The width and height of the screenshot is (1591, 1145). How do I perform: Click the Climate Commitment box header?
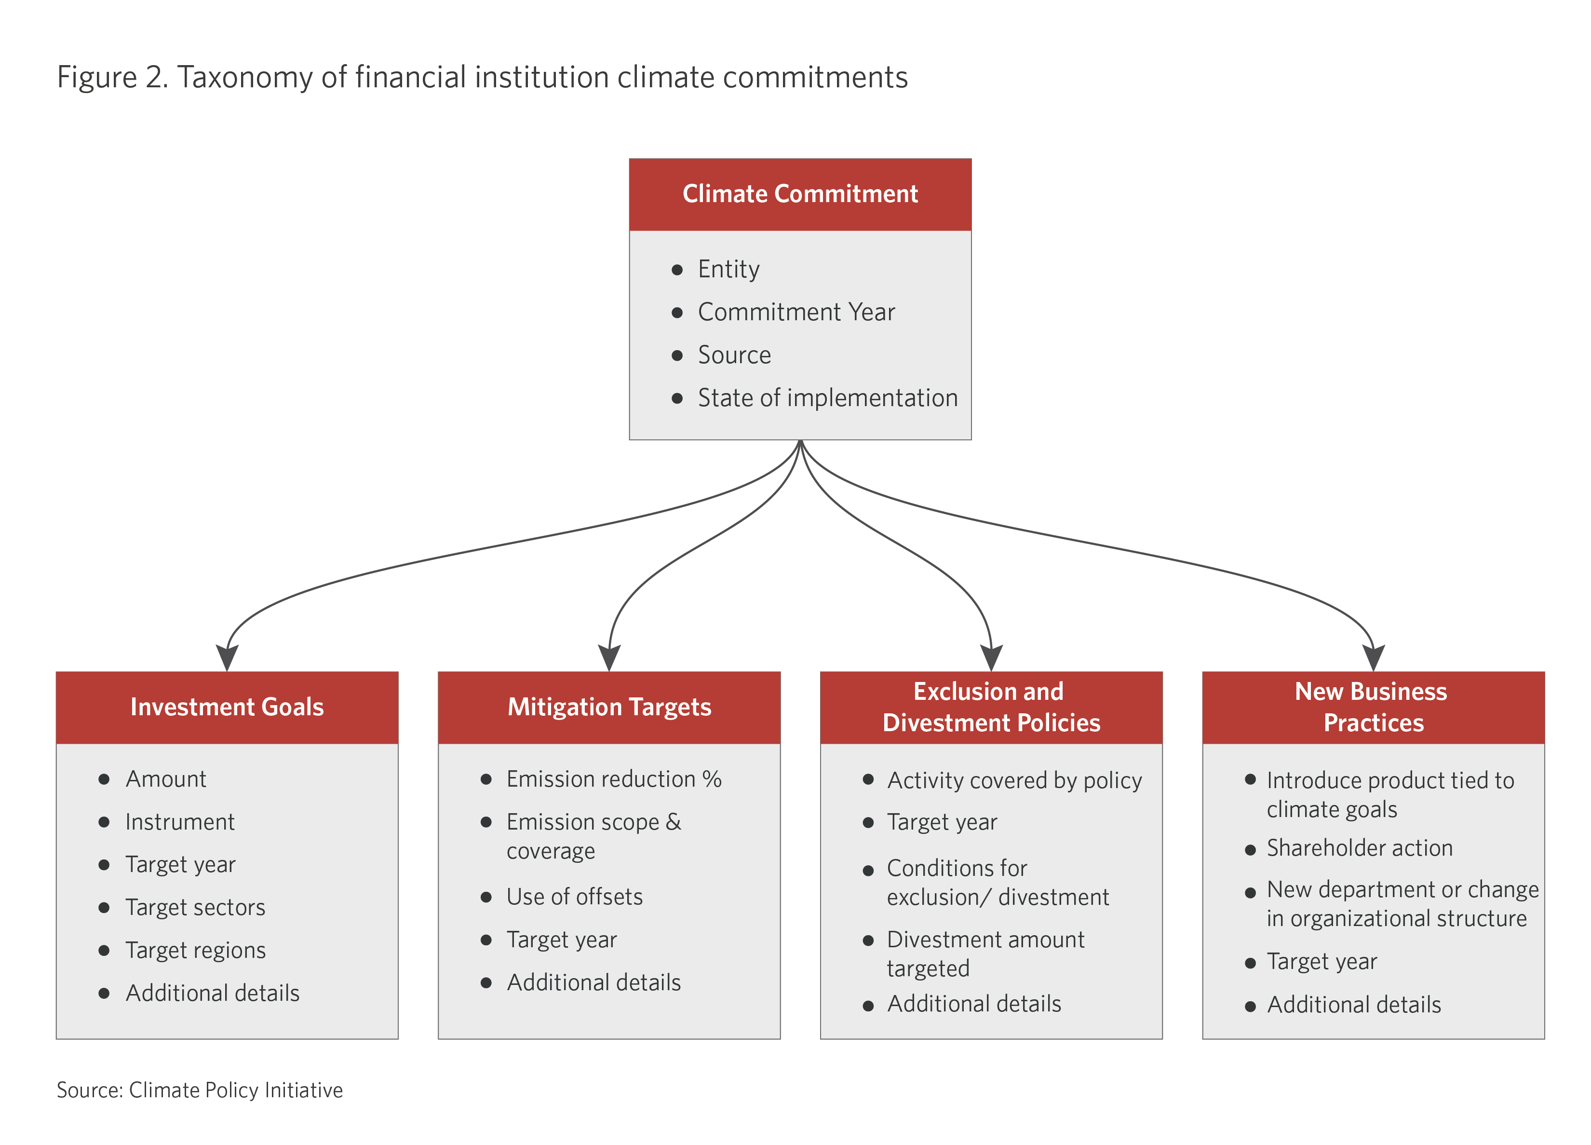point(800,194)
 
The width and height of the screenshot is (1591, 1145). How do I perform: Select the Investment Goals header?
point(227,707)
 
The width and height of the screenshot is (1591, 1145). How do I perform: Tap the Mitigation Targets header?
point(609,707)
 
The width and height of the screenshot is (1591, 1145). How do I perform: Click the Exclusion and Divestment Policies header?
point(991,707)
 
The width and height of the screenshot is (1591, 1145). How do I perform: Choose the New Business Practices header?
point(1374,707)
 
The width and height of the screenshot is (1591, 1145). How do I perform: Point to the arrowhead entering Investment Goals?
point(227,658)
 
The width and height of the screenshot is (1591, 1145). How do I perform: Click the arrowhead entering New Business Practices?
point(1374,658)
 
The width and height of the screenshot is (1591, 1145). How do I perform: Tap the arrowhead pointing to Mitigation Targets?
point(609,658)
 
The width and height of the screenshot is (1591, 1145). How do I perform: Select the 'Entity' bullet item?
point(728,270)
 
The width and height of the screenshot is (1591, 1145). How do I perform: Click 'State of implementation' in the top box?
point(828,398)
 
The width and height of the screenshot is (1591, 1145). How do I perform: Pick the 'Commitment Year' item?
point(796,312)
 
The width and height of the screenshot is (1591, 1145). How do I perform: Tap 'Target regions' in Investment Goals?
point(196,951)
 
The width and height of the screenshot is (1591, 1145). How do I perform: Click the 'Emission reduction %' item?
point(614,779)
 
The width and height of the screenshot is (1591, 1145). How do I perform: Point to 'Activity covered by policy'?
point(1014,781)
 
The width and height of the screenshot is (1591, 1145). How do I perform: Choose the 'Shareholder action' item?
point(1360,848)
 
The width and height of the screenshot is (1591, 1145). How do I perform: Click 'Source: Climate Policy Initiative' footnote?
point(200,1090)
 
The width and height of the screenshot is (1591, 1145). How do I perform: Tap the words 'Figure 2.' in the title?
point(112,78)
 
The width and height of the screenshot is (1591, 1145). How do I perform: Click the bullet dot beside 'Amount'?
point(104,779)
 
